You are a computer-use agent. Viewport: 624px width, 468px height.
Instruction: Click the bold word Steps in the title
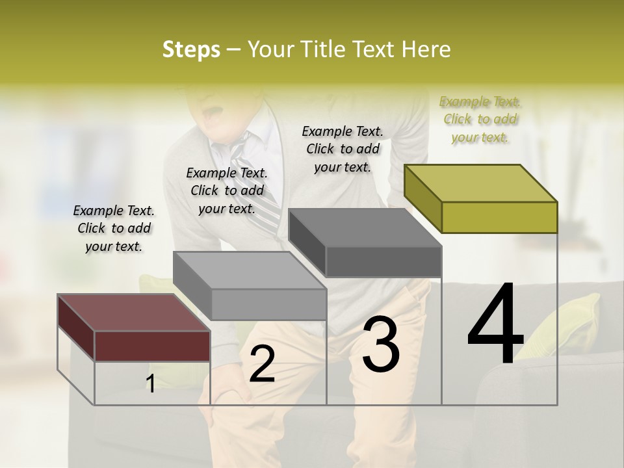[191, 49]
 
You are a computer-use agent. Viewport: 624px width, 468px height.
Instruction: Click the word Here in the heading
[426, 49]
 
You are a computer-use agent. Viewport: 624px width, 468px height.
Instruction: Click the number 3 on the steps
[381, 344]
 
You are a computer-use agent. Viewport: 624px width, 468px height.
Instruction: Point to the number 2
[262, 364]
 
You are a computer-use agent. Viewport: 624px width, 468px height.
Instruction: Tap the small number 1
[150, 384]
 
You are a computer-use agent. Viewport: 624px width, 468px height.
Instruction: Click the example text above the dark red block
[114, 229]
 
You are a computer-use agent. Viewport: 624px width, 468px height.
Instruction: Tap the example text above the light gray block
[227, 191]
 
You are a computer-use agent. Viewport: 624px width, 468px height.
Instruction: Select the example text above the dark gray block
[343, 149]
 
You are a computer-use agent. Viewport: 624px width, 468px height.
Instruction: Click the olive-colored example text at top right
[480, 120]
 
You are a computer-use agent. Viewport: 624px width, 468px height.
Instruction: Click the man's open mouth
[211, 117]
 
